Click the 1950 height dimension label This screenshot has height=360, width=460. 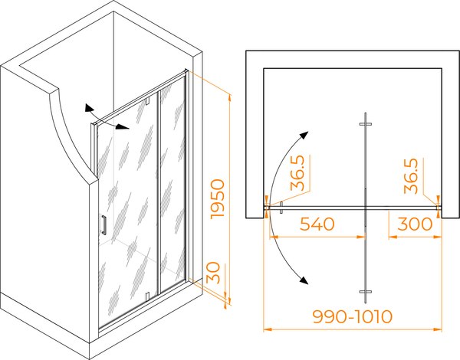pos(219,198)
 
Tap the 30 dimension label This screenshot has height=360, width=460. pos(213,273)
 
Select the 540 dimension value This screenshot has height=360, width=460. pos(317,224)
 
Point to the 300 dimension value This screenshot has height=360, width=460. pos(415,224)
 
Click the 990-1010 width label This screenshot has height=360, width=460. pos(353,316)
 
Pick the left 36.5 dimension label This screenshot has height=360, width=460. pos(297,173)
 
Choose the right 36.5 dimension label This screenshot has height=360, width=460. pos(411,176)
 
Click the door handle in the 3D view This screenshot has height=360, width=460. pos(103,225)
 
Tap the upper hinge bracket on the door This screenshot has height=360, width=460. pos(147,100)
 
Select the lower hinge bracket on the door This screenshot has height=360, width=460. pos(147,296)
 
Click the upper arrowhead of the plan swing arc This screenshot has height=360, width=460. pos(304,135)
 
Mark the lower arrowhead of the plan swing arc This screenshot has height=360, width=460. pos(304,280)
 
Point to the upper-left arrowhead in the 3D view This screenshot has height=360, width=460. pos(88,108)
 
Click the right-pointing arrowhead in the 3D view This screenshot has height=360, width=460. pos(123,127)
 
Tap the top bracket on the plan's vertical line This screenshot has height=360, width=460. pos(366,124)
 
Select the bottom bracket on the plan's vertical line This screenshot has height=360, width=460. pos(366,292)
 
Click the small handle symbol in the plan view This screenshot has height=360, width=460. pos(281,208)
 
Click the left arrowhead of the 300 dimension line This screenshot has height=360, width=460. pos(392,237)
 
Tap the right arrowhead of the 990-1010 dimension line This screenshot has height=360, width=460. pos(438,329)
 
